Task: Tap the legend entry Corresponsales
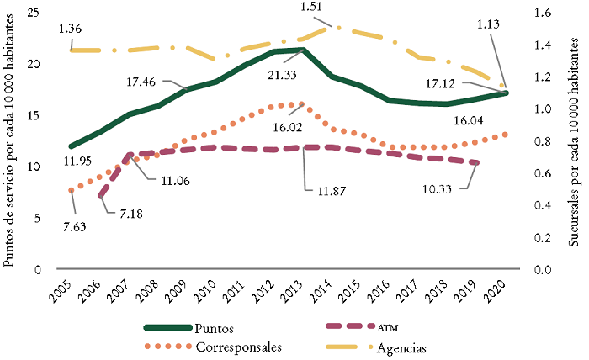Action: tap(235, 347)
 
